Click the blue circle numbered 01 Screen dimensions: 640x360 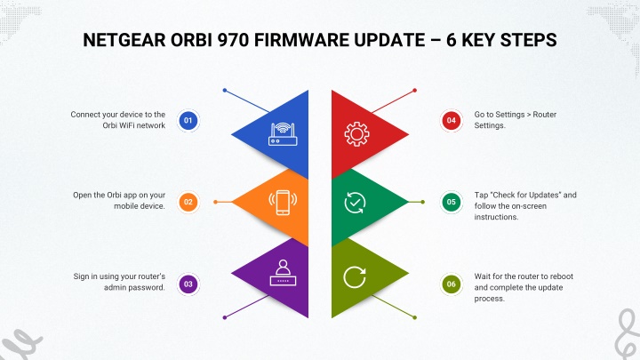(188, 120)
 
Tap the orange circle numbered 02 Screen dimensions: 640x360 (188, 202)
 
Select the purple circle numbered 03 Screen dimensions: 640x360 (188, 284)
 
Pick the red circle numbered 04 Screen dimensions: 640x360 (451, 120)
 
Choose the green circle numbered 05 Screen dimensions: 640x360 (451, 202)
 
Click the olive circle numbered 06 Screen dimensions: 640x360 (451, 284)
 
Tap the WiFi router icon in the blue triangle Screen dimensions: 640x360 (283, 134)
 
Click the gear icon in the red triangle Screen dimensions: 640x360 (356, 134)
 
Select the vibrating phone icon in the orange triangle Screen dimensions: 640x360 (283, 203)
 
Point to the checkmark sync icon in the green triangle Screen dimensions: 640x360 (355, 203)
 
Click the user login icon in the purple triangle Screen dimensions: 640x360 (283, 273)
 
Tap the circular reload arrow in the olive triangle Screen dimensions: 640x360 (355, 277)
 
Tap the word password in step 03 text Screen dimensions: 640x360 (150, 288)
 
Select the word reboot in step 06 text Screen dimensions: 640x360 (562, 276)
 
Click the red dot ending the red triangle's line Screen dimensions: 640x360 (415, 90)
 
